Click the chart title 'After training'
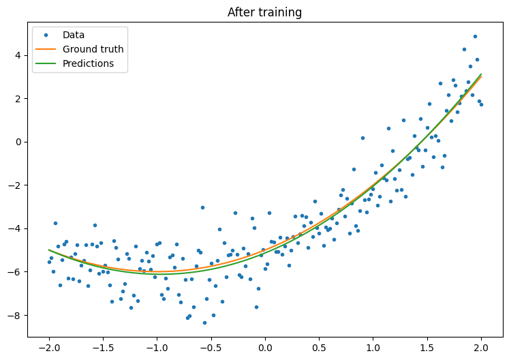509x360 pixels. point(264,12)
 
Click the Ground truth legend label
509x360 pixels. point(93,50)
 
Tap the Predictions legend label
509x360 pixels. point(88,64)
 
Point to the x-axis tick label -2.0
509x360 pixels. point(49,348)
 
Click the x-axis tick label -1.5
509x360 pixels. point(103,348)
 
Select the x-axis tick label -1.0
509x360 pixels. point(157,348)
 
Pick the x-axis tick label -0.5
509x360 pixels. point(211,348)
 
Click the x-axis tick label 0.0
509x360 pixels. point(265,348)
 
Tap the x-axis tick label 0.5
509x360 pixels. point(319,348)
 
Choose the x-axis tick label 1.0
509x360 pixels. point(373,348)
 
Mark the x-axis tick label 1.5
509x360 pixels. point(427,348)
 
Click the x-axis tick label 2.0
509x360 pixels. point(481,348)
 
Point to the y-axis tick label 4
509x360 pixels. point(20,55)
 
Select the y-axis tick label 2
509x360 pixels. point(20,98)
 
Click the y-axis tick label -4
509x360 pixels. point(17,228)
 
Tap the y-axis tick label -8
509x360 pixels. point(17,315)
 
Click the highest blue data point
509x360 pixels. point(475,37)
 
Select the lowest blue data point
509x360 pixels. point(204,322)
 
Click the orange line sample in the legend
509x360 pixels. point(46,50)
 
